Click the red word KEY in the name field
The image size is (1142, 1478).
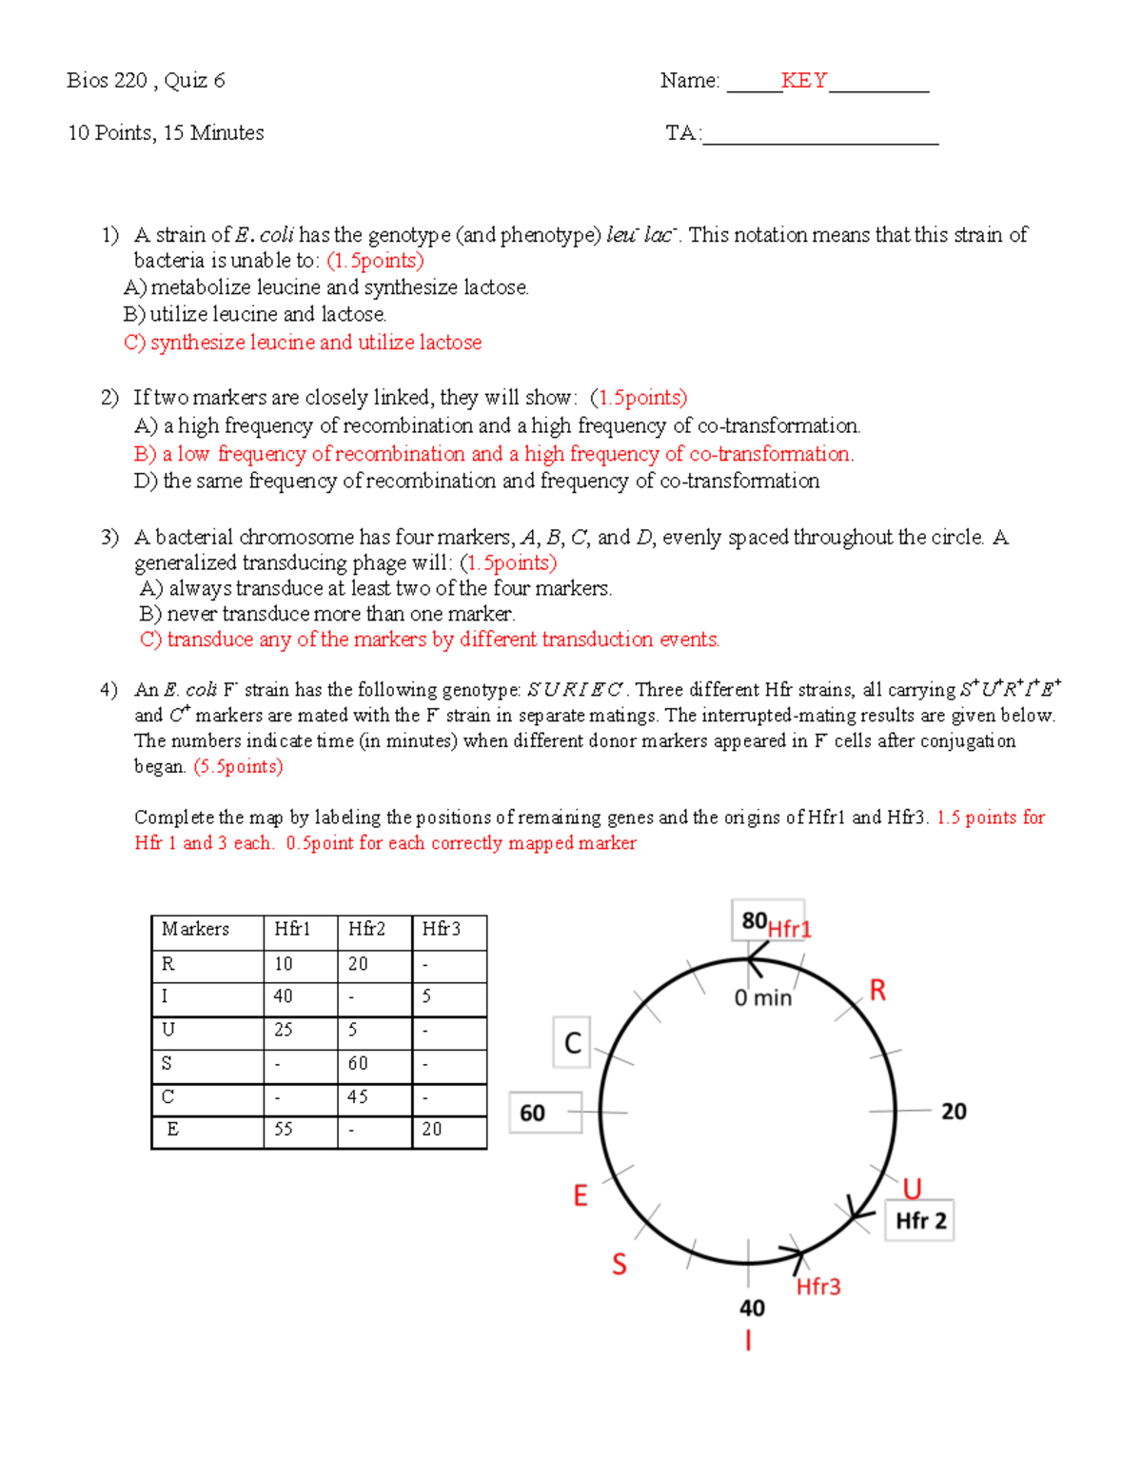pos(804,81)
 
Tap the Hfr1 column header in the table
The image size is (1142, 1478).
pos(292,929)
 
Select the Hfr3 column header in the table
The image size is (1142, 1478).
pos(442,929)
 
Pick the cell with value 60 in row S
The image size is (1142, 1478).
pos(358,1063)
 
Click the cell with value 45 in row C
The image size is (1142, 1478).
pos(358,1096)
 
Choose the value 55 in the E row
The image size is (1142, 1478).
pos(284,1130)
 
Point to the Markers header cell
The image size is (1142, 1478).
pos(196,929)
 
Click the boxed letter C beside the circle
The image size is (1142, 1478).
pos(572,1043)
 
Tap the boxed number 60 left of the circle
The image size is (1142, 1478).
pos(533,1113)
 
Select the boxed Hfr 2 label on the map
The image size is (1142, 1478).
pos(920,1221)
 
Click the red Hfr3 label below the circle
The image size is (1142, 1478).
pos(818,1287)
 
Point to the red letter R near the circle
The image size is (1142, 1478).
pos(877,991)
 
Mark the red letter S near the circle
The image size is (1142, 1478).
pos(619,1265)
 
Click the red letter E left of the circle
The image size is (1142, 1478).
pos(581,1195)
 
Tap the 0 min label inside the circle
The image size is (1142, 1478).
pos(762,998)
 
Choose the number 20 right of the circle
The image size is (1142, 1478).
pos(954,1112)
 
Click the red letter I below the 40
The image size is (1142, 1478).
pos(748,1341)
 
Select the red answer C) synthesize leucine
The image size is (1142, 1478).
pos(303,343)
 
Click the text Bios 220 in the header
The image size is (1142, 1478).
pos(107,81)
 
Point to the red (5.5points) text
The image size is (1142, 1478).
pos(238,767)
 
